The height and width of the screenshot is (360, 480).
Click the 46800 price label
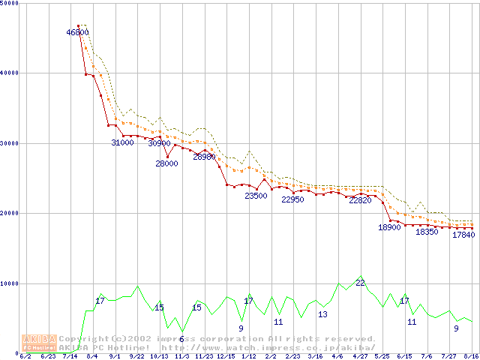click(78, 32)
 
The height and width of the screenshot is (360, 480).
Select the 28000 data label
click(166, 163)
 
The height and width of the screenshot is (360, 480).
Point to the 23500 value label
click(256, 196)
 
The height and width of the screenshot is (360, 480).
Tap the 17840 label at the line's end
click(463, 235)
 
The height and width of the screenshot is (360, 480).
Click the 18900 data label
click(389, 227)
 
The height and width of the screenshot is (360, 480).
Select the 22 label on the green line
click(360, 283)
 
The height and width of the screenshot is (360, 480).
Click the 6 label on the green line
click(181, 339)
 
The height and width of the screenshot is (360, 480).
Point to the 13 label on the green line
click(322, 314)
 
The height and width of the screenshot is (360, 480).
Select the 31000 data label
click(122, 142)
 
